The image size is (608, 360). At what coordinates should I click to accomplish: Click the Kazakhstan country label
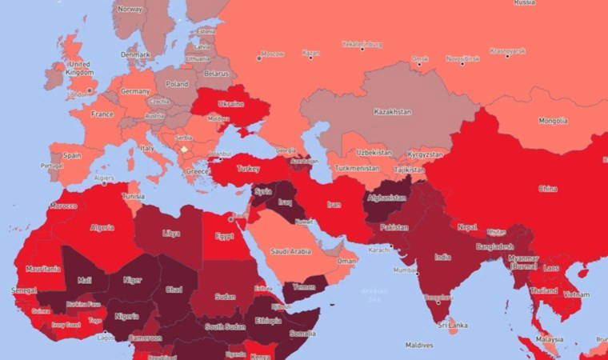(392, 112)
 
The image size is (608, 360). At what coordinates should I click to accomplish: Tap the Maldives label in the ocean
(419, 346)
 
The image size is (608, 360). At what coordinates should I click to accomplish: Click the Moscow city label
(274, 55)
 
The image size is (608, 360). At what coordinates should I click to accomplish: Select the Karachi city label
(379, 249)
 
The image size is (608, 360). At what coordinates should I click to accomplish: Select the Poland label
(176, 84)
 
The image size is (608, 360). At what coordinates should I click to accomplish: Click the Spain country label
(72, 155)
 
